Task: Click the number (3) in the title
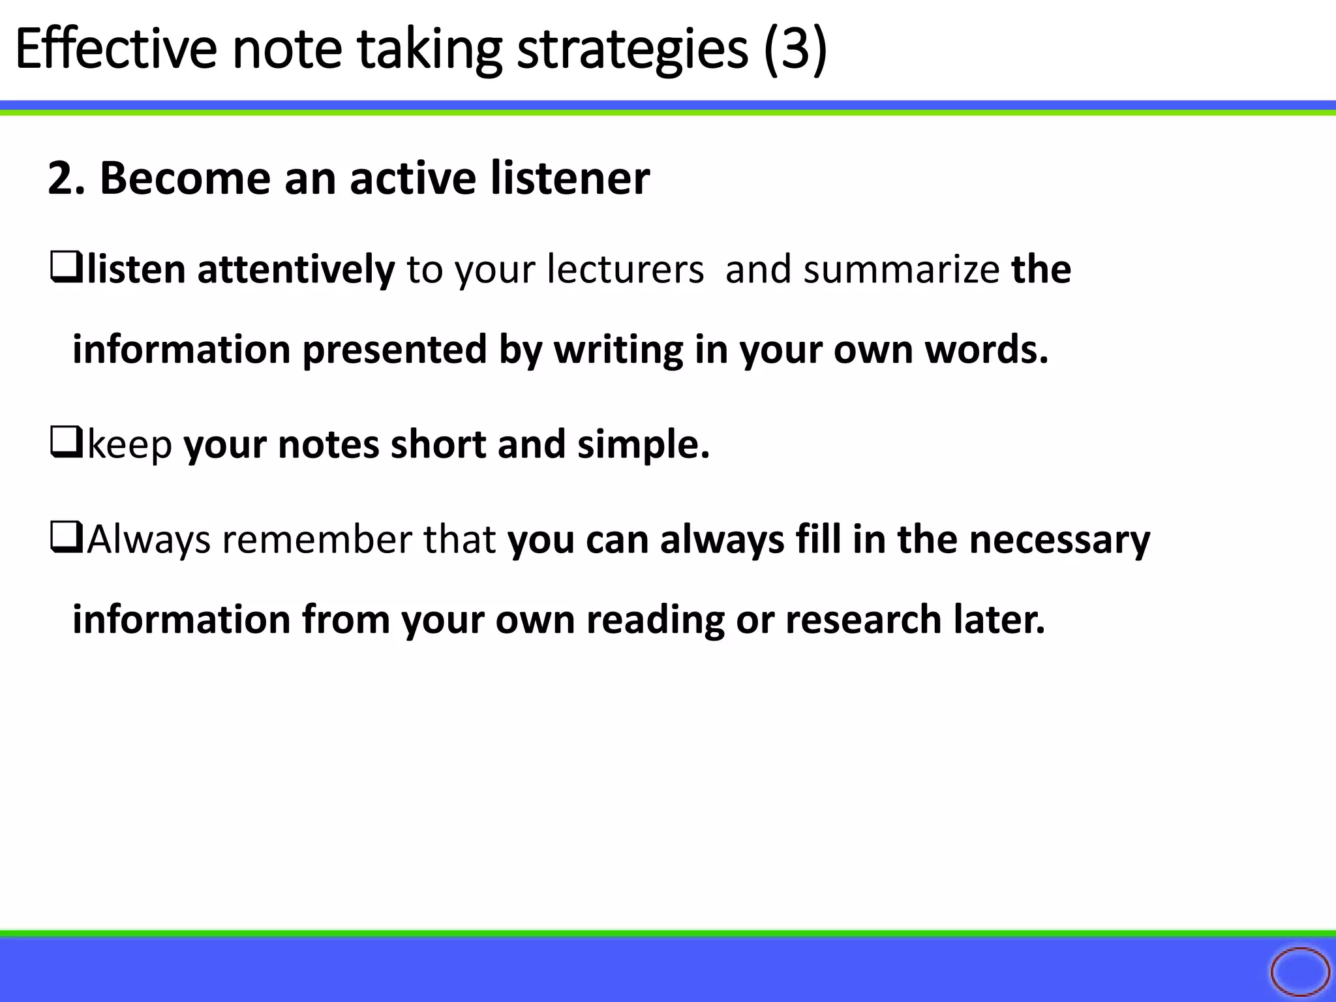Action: click(x=795, y=50)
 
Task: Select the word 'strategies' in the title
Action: click(x=632, y=50)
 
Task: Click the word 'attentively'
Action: click(x=296, y=269)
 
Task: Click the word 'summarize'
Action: click(x=901, y=269)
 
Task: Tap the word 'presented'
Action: click(x=395, y=350)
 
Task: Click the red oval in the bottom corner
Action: click(x=1299, y=972)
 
